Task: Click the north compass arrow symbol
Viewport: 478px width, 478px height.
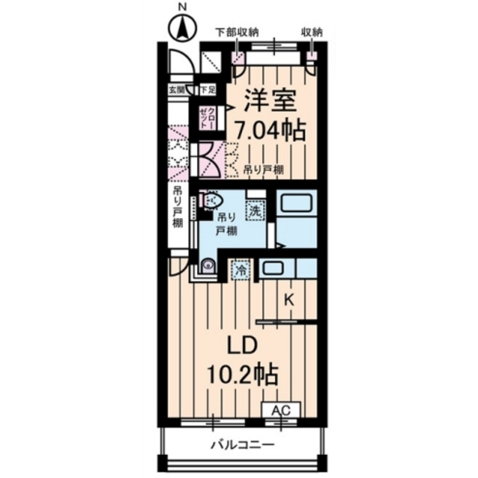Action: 181,31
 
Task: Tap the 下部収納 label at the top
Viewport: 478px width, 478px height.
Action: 237,31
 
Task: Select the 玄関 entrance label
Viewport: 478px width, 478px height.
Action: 176,90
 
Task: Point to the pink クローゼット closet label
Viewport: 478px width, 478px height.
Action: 206,117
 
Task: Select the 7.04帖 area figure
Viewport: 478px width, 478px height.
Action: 270,131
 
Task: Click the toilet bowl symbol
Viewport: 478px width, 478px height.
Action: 211,200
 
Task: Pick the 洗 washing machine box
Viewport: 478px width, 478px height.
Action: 255,211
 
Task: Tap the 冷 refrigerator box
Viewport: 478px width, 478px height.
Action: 241,270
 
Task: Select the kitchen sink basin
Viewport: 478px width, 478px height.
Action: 273,268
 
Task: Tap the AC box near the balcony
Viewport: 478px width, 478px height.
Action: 280,411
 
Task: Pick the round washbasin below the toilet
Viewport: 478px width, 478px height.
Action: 208,266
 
